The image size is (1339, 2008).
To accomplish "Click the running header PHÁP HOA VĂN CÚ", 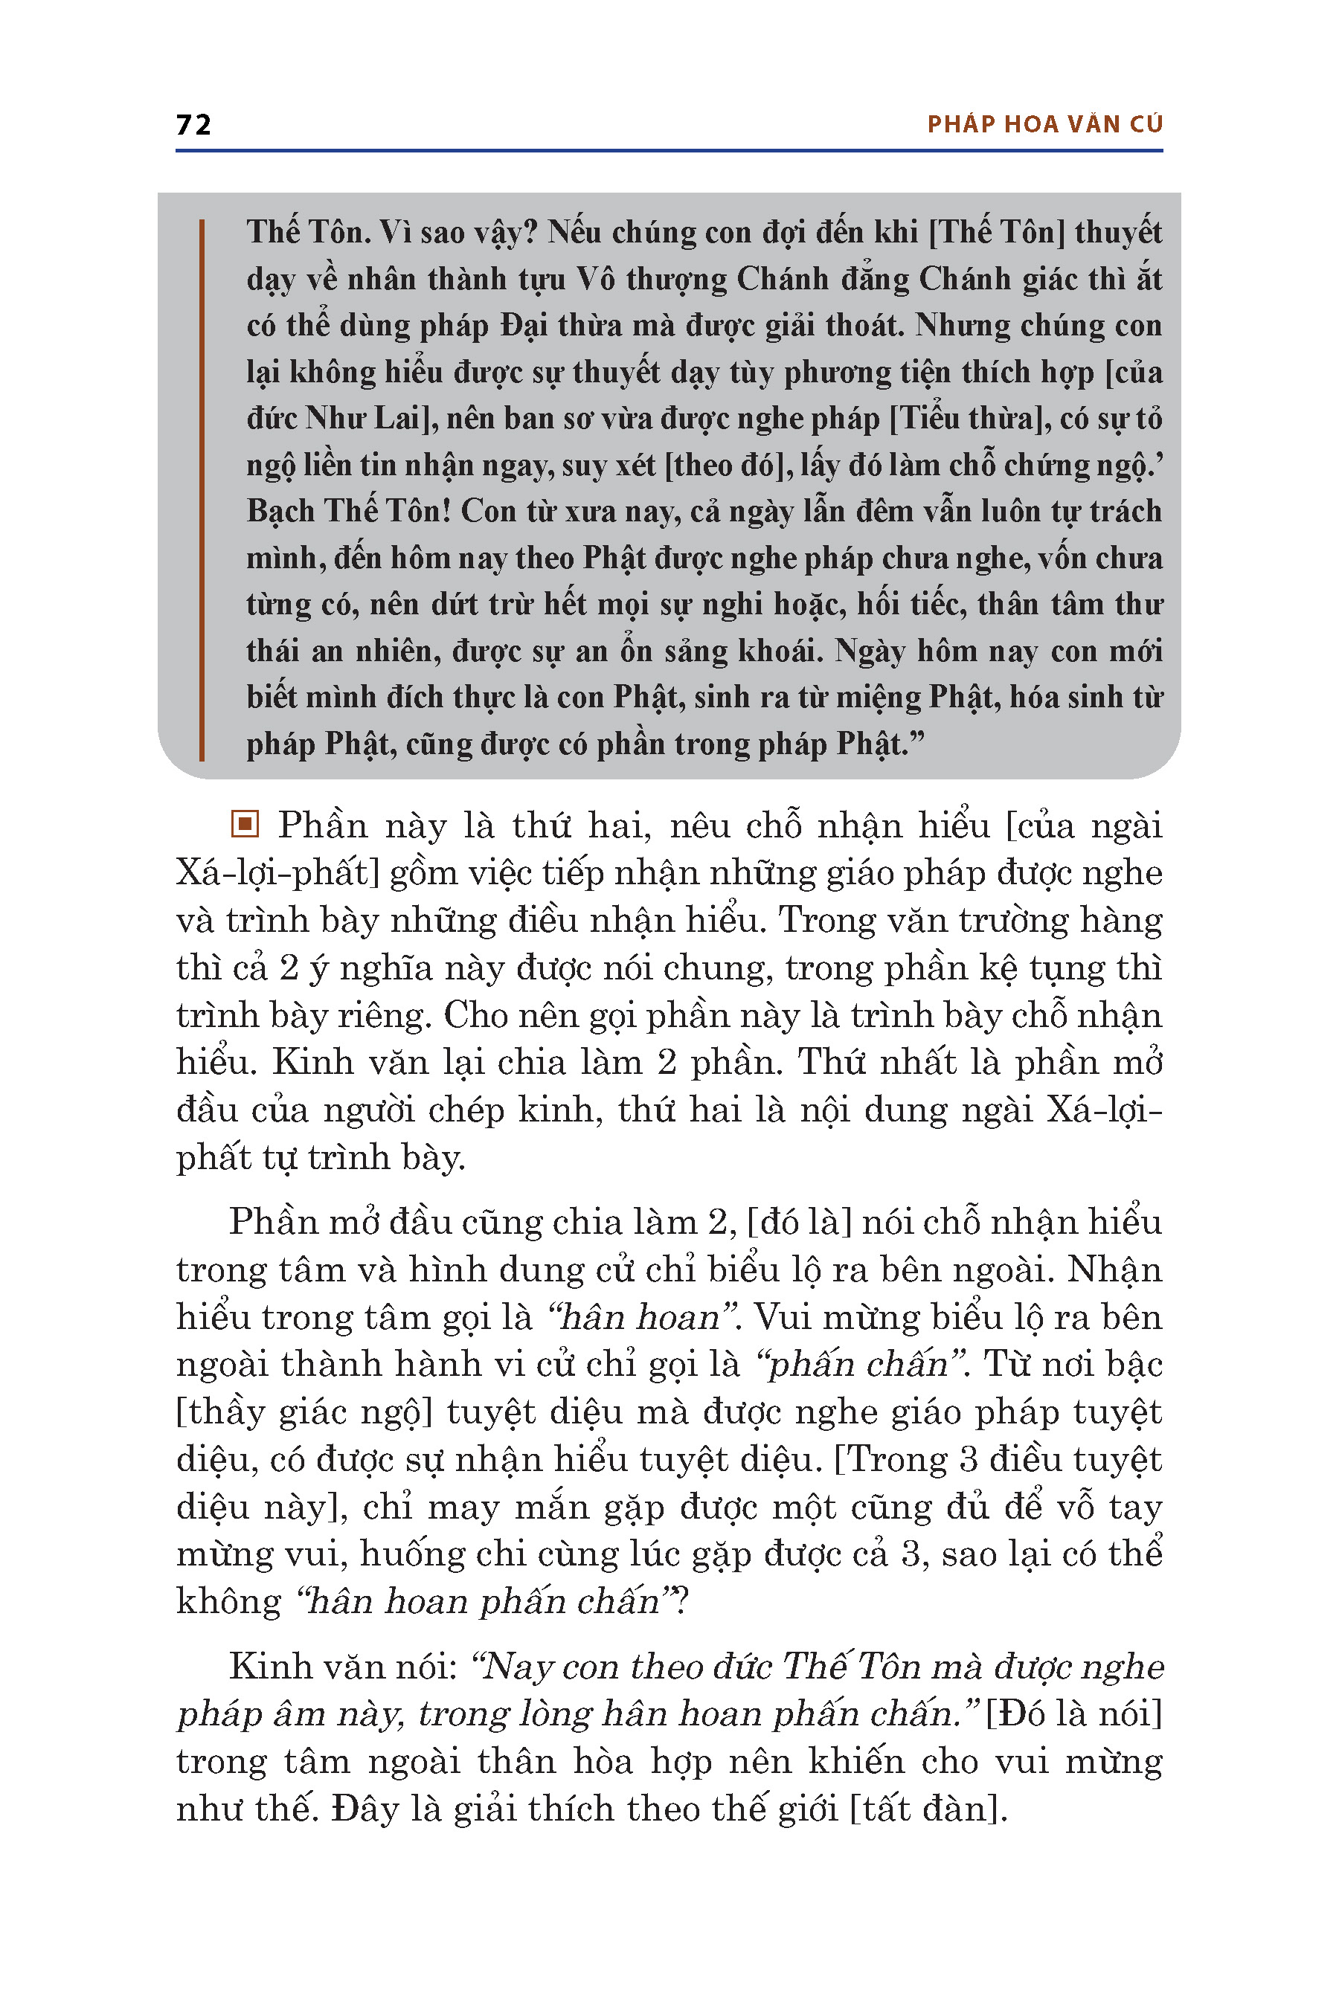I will tap(1044, 125).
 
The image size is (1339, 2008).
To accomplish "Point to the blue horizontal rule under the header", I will tap(669, 151).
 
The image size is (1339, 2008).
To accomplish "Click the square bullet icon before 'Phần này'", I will tap(245, 825).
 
